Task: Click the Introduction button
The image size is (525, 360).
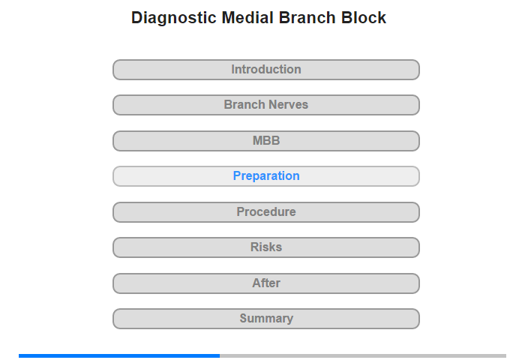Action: (x=266, y=70)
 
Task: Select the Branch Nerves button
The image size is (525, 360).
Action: (x=266, y=105)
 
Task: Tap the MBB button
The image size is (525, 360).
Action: (x=266, y=141)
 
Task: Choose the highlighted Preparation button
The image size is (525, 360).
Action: (x=266, y=176)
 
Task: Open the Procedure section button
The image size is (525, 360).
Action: (x=266, y=212)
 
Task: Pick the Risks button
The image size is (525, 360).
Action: (x=266, y=247)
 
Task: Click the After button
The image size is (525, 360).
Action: (x=266, y=283)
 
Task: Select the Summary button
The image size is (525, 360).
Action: (x=266, y=319)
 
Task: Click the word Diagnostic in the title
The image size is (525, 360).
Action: (x=174, y=18)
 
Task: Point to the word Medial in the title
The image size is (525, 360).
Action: (x=247, y=17)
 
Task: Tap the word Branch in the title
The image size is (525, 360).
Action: (x=307, y=17)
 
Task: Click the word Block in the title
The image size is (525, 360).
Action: (x=364, y=17)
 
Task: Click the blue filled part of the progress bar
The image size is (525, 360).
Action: (x=119, y=355)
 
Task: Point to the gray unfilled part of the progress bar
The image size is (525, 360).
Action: (x=363, y=355)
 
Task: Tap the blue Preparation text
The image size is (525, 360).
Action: (x=266, y=176)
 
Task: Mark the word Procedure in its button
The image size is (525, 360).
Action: (x=266, y=212)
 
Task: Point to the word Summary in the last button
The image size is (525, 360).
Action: (x=266, y=319)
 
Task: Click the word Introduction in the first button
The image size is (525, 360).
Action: (x=266, y=70)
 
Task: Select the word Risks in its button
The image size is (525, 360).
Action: (x=266, y=247)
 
